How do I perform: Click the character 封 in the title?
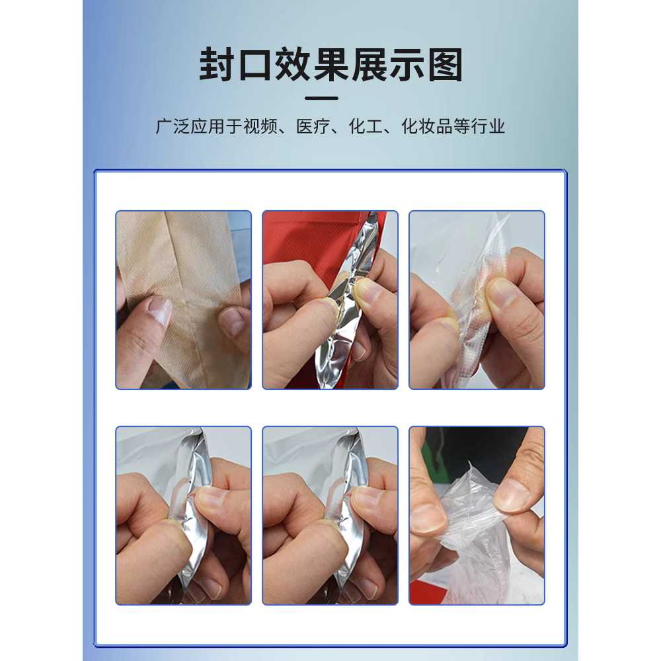217,65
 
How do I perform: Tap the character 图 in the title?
445,65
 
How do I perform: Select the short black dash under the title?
321,98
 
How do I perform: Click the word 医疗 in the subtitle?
313,126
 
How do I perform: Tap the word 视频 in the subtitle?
260,126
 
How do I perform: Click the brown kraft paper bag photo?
183,299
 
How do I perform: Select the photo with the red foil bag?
330,299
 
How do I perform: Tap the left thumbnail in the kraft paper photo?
160,312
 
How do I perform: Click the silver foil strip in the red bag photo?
346,295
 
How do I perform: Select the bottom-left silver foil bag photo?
183,516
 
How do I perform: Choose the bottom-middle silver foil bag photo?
330,516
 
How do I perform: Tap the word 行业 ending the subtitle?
488,126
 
